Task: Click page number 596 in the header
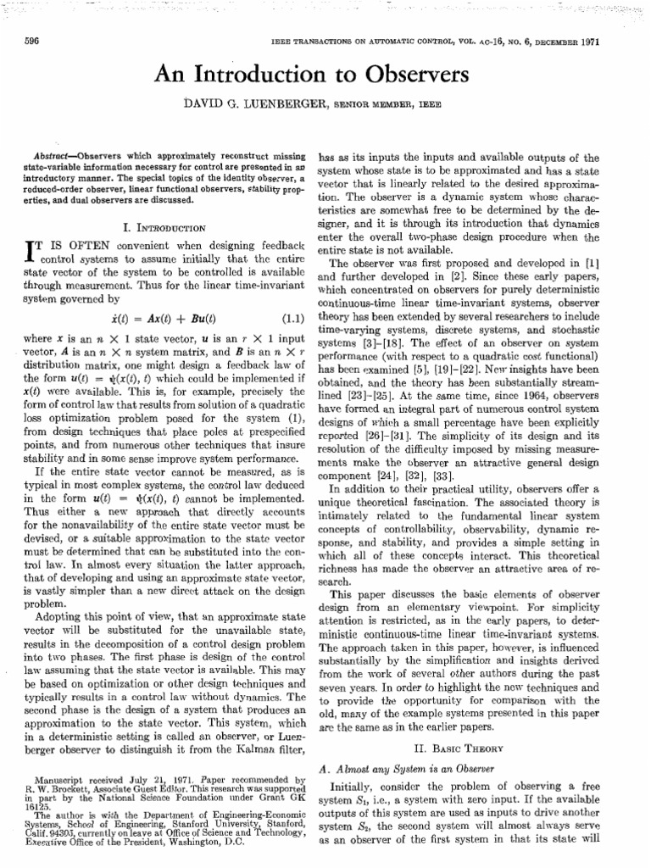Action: [34, 41]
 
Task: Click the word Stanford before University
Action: [191, 826]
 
